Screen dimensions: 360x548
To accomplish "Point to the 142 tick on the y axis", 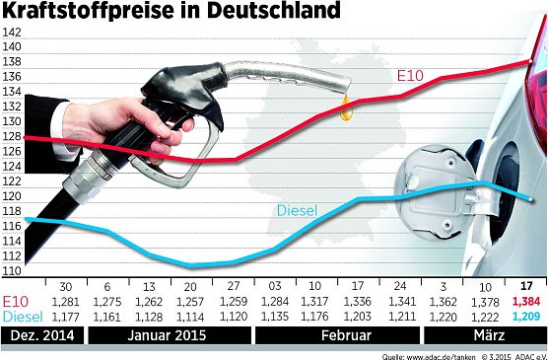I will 12,33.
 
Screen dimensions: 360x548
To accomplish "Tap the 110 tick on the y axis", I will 12,270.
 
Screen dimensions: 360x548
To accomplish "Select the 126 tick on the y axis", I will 12,152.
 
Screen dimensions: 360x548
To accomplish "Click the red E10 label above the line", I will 411,75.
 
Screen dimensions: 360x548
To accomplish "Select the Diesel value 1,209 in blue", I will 527,317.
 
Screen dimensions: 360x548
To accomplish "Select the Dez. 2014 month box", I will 42,335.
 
